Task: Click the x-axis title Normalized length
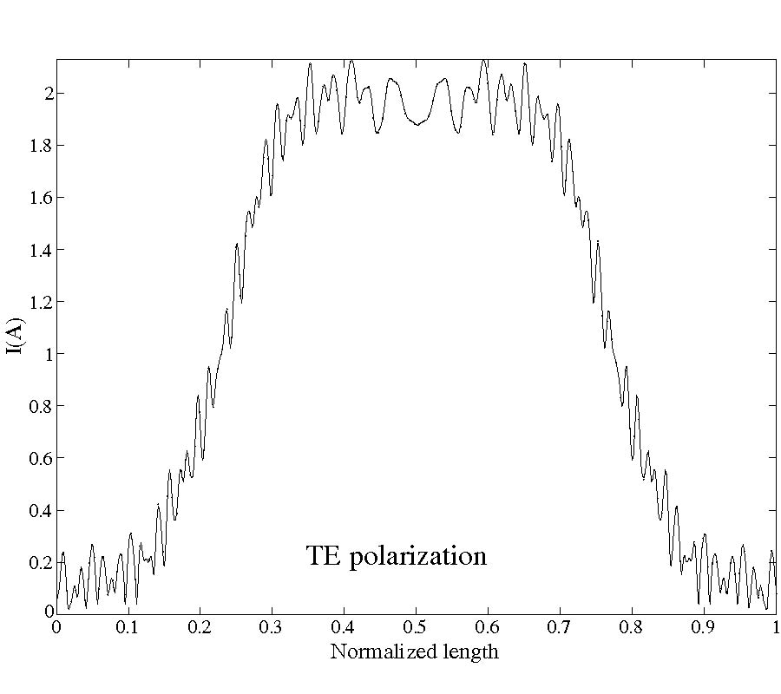[x=415, y=651]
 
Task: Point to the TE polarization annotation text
[x=397, y=555]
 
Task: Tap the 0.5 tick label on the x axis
[x=416, y=626]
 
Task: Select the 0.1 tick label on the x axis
[x=128, y=626]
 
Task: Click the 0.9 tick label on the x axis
[x=703, y=626]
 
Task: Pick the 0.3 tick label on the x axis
[x=272, y=626]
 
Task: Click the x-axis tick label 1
[x=775, y=626]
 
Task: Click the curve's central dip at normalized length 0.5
[x=417, y=125]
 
